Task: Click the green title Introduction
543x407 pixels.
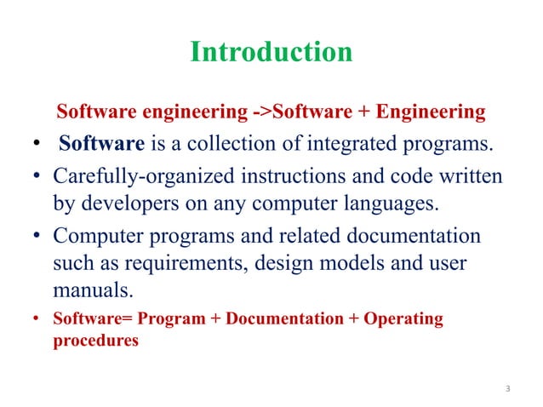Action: pyautogui.click(x=271, y=53)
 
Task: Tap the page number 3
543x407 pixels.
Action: pyautogui.click(x=507, y=390)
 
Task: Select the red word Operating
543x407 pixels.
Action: pyautogui.click(x=403, y=319)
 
